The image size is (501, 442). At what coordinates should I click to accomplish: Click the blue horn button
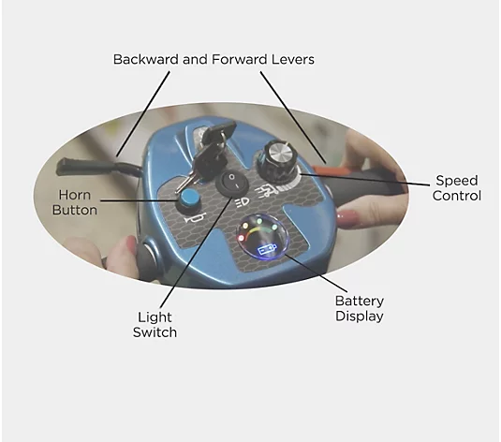click(x=187, y=199)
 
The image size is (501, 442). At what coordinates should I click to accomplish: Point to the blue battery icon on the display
click(x=267, y=249)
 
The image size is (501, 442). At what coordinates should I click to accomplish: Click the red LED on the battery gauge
click(x=241, y=238)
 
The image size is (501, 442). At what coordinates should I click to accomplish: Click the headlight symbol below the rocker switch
click(x=243, y=203)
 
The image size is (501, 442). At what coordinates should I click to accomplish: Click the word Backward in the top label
click(x=146, y=59)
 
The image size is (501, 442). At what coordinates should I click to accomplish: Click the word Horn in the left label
click(x=74, y=195)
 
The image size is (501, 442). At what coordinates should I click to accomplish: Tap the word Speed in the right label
click(x=457, y=181)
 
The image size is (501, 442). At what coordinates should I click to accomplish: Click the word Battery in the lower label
click(x=360, y=301)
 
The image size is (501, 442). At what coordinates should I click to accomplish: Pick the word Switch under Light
click(x=155, y=332)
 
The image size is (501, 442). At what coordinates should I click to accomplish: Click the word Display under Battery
click(x=360, y=317)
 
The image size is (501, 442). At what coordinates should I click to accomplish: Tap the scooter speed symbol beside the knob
click(x=265, y=191)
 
